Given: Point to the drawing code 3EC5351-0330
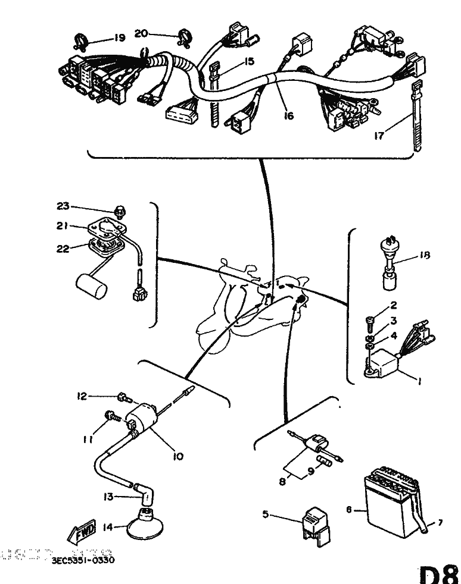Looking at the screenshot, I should tap(83, 560).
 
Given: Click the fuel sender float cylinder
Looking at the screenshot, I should tap(92, 287).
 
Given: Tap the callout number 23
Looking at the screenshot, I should tap(63, 206).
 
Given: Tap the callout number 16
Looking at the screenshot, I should tap(289, 115).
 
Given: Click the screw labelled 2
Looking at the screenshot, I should tap(369, 322).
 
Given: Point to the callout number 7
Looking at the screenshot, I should tap(440, 523).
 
